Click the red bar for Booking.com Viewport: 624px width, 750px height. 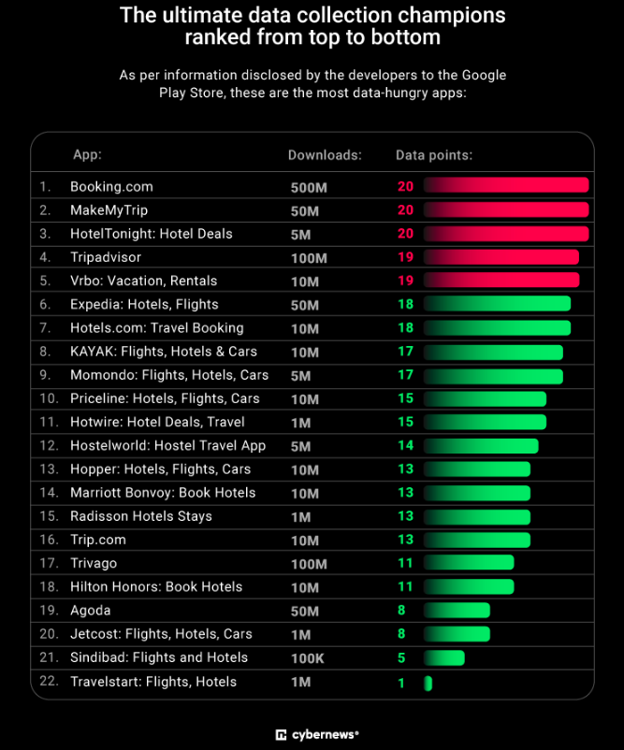(506, 186)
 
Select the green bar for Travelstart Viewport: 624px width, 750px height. (428, 683)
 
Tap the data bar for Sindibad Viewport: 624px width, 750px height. (444, 658)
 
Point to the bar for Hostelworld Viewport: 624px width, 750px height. (481, 446)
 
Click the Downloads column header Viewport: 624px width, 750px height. (325, 154)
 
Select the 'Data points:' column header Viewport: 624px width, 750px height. (434, 154)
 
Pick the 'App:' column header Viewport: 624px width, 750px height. (88, 154)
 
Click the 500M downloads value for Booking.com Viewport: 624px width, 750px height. (309, 187)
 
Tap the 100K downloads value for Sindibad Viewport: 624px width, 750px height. (308, 658)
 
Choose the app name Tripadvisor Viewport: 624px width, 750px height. (107, 257)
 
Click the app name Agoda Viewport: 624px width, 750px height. (90, 611)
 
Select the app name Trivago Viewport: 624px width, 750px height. (94, 564)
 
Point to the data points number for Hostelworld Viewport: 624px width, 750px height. (405, 446)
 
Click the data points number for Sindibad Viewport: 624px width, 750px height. (401, 658)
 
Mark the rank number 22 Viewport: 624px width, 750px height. (47, 683)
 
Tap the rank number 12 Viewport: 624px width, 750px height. (47, 446)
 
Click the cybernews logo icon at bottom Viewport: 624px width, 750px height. (281, 735)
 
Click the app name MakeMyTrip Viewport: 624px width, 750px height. (109, 210)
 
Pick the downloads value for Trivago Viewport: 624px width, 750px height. (309, 564)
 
